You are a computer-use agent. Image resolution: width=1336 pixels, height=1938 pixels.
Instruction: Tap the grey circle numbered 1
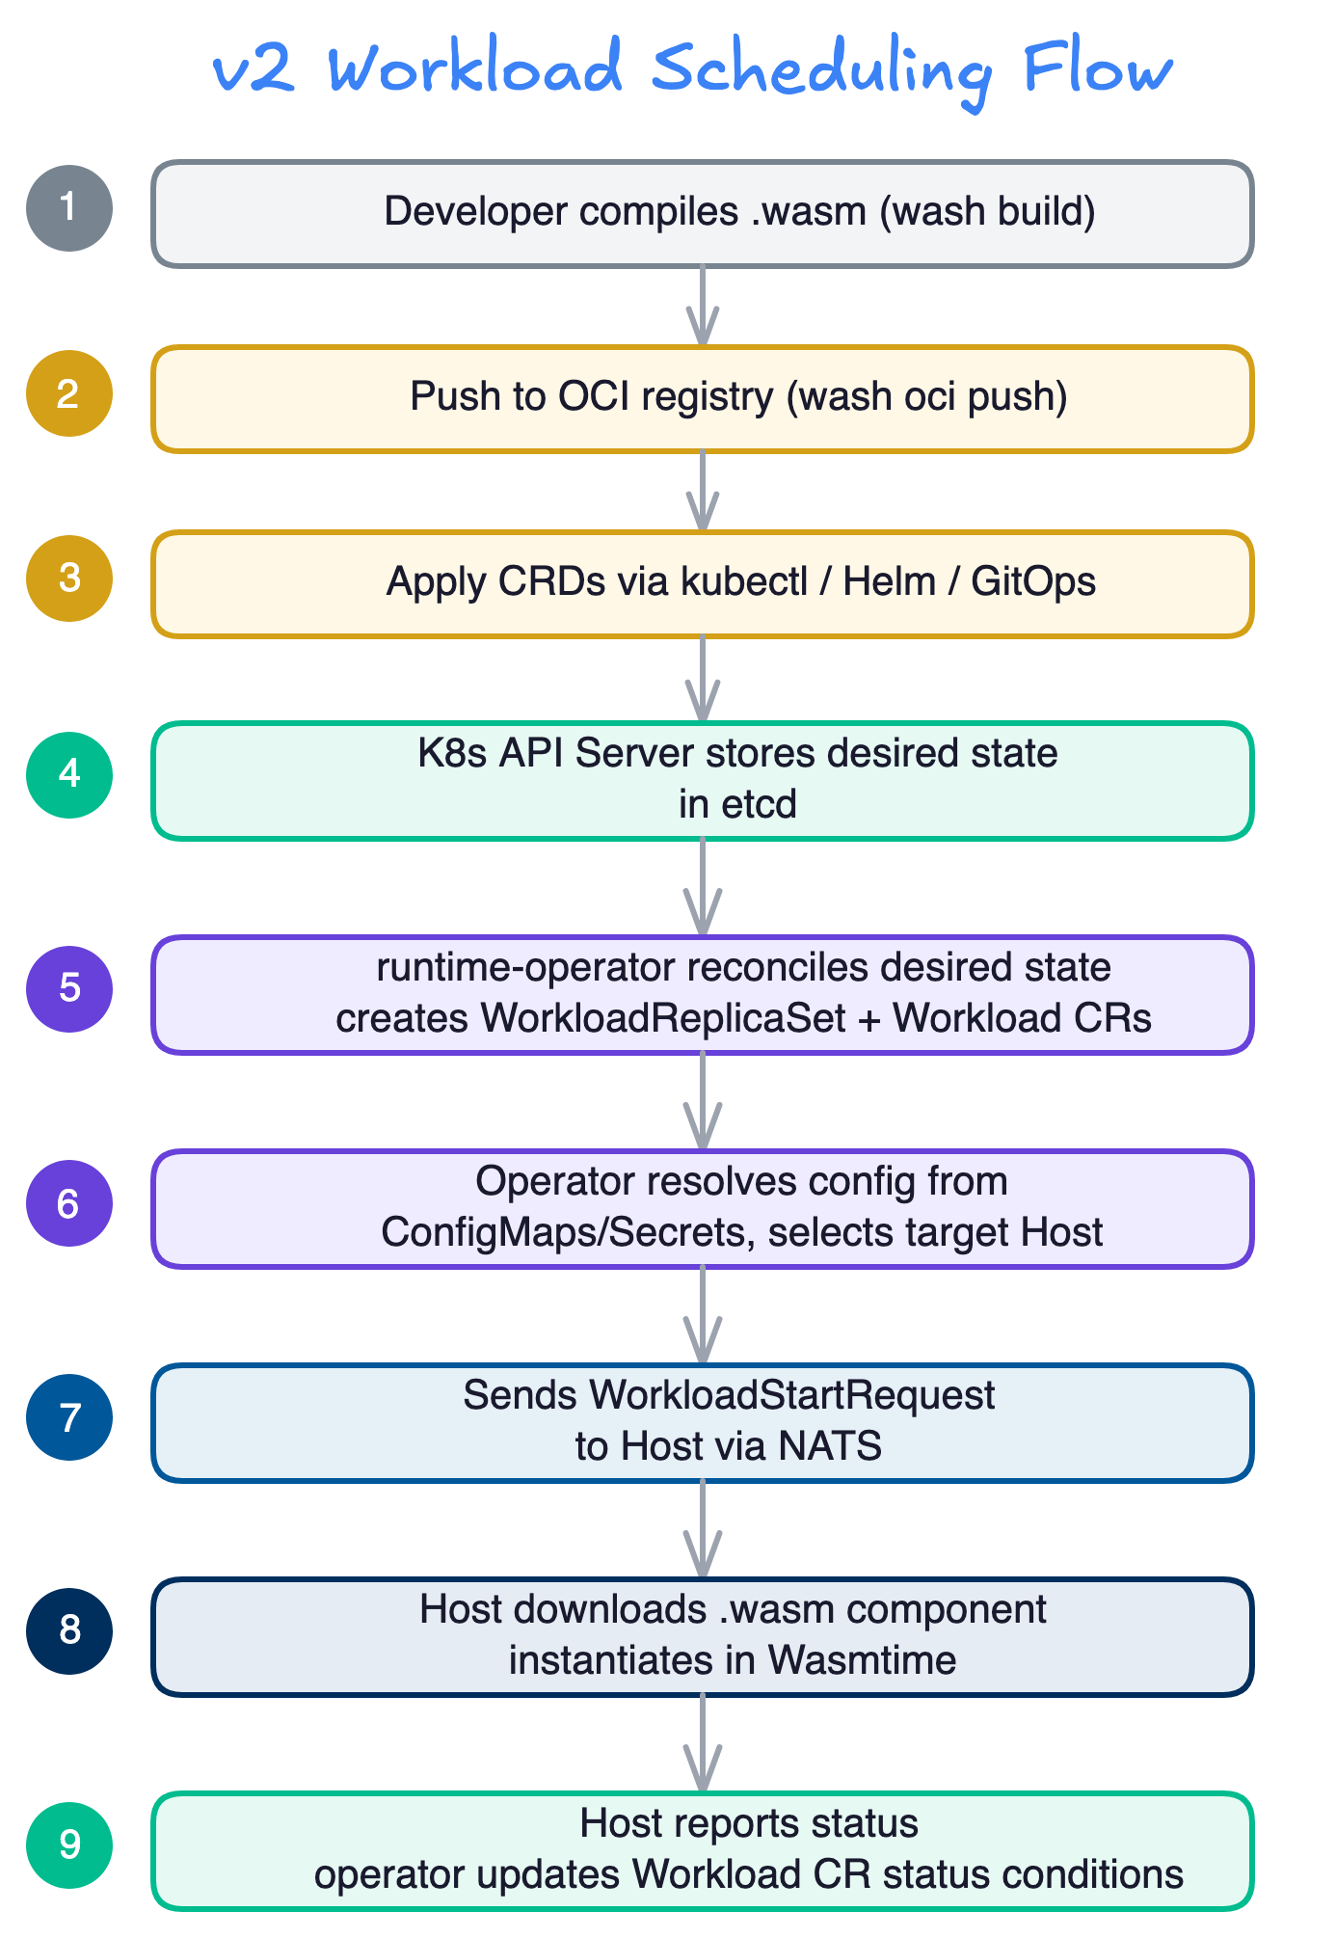point(69,208)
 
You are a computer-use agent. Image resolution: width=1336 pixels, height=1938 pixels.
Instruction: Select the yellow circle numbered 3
point(69,579)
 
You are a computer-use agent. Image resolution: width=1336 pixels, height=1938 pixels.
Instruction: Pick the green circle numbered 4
point(69,775)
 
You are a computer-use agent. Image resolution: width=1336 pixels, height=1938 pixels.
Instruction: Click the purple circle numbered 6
point(69,1203)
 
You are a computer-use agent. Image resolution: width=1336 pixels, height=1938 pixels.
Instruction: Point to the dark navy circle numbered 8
point(69,1631)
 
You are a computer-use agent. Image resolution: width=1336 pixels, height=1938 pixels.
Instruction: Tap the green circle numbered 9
point(69,1845)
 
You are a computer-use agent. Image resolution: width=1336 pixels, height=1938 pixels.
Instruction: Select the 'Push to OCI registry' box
point(702,398)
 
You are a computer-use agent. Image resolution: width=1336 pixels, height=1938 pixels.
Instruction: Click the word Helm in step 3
point(889,582)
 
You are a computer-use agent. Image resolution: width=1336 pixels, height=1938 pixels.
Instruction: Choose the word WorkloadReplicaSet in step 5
point(663,1019)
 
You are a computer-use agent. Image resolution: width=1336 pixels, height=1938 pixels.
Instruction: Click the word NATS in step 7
point(830,1447)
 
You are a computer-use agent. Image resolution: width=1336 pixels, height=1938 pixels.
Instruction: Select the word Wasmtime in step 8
point(862,1661)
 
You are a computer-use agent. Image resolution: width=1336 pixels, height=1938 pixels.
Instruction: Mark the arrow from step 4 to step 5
point(703,887)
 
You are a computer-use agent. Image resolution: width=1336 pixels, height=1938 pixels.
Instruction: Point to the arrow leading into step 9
point(703,1743)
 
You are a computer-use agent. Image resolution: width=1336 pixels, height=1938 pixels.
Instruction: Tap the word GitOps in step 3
point(1033,582)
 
